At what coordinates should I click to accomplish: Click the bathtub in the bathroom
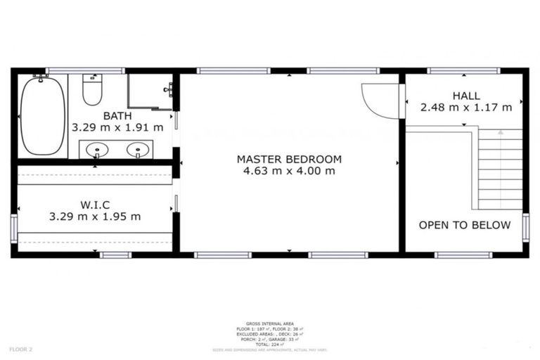coord(42,115)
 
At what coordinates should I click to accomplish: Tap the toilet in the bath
coord(92,90)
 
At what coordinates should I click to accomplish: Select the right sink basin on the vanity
coord(139,150)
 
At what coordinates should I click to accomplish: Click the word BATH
coord(117,116)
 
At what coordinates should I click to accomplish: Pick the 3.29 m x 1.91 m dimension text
coord(117,128)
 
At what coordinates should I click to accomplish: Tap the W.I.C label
coord(95,205)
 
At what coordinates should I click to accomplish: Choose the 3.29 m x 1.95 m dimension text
coord(95,217)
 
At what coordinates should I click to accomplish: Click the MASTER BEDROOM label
coord(289,159)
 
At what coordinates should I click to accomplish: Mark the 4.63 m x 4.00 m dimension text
coord(289,171)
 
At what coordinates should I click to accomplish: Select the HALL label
coord(466,96)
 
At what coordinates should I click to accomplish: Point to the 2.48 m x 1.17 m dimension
coord(466,108)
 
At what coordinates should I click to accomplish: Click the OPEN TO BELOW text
coord(463,225)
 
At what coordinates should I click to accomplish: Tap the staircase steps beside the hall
coord(501,169)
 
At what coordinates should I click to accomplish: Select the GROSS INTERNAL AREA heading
coord(270,323)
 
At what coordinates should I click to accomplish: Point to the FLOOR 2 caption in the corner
coord(20,348)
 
